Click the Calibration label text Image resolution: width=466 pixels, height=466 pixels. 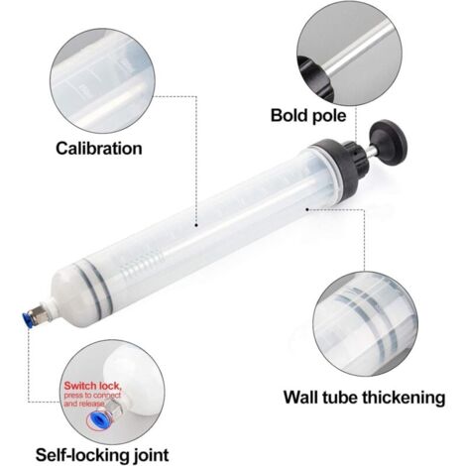point(98,149)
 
